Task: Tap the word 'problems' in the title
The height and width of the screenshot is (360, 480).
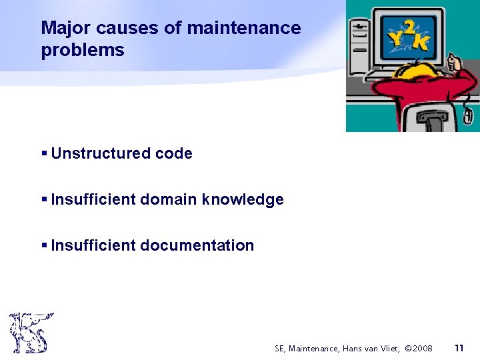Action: tap(83, 51)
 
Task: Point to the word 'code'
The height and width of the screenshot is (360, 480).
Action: tap(173, 154)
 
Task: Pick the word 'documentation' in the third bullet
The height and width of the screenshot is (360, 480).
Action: tap(197, 245)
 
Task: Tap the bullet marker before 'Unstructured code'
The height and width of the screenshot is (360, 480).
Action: tap(44, 154)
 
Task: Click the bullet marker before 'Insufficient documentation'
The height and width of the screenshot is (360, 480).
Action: tap(44, 245)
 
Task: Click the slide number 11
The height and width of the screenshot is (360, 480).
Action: tap(459, 348)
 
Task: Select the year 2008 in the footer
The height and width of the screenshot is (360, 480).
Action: tap(423, 349)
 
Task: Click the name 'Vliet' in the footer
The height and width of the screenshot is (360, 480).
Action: tap(391, 349)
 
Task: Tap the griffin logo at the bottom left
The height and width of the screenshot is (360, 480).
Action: tap(30, 332)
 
